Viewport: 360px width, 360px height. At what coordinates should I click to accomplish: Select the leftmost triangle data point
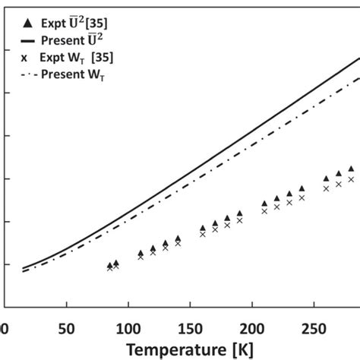click(109, 265)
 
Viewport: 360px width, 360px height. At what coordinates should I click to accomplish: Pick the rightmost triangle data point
click(351, 169)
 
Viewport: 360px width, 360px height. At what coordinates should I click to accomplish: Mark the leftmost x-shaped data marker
click(109, 269)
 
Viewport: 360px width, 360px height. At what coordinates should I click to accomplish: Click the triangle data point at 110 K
click(141, 253)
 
